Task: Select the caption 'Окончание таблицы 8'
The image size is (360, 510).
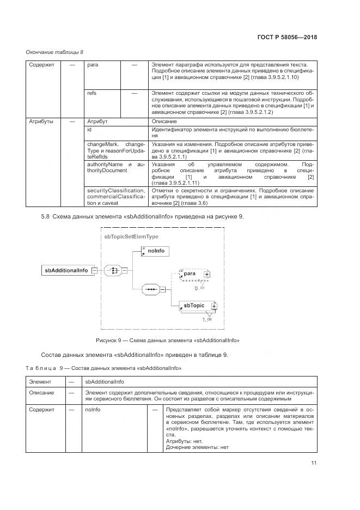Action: tap(54, 52)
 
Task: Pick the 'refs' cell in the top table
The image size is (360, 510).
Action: tap(92, 94)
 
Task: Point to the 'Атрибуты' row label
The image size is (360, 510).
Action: tap(41, 122)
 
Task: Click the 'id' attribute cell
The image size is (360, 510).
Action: tap(90, 130)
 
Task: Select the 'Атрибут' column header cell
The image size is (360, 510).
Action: tap(97, 122)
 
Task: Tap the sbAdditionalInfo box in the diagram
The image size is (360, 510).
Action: tap(66, 269)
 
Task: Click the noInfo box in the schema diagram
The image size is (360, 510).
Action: tap(156, 251)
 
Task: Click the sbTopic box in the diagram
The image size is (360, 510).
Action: tap(194, 306)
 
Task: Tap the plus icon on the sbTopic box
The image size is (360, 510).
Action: tap(213, 306)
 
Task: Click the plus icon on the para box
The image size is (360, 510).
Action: tap(206, 274)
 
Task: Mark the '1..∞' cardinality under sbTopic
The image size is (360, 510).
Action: tap(207, 319)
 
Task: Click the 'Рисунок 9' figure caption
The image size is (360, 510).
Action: tap(168, 340)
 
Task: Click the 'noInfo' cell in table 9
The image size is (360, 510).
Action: tap(93, 408)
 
